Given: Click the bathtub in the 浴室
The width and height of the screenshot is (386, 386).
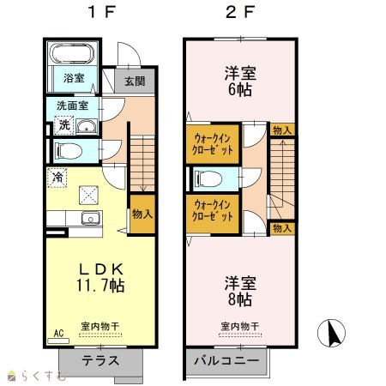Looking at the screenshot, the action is tap(72, 53).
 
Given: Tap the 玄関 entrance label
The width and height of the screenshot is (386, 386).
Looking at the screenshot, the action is tap(135, 81).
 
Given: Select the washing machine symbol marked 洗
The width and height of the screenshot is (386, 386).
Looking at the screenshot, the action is tap(64, 125).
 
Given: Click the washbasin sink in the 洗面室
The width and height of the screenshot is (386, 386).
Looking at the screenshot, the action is tap(87, 126).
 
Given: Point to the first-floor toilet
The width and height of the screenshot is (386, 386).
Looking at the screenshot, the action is tap(69, 150).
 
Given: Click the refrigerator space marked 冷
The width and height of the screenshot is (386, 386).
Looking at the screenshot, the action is tap(57, 178).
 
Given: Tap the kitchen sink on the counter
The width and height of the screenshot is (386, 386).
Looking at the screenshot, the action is tap(91, 219).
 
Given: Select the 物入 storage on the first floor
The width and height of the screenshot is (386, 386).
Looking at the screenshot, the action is tap(142, 214).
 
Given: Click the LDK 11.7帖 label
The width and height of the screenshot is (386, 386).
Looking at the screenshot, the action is tap(100, 277).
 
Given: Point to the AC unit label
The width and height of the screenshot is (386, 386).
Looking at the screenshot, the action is tap(58, 334).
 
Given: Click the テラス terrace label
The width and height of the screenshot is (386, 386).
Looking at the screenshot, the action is tap(100, 361).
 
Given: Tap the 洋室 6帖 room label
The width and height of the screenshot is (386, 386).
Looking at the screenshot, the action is tap(240, 81).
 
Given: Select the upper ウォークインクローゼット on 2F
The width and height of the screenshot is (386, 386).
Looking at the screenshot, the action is tap(213, 144).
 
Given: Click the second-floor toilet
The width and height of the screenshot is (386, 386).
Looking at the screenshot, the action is tap(208, 179).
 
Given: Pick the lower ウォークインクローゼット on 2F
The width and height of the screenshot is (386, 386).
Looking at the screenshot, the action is tap(213, 214).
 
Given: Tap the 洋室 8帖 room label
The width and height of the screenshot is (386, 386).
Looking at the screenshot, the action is tap(240, 291).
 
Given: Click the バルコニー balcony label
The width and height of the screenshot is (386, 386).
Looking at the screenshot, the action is tap(226, 360).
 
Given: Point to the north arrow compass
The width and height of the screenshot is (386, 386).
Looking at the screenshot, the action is tap(331, 333).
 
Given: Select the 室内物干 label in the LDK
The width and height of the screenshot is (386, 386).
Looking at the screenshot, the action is tap(100, 326).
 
